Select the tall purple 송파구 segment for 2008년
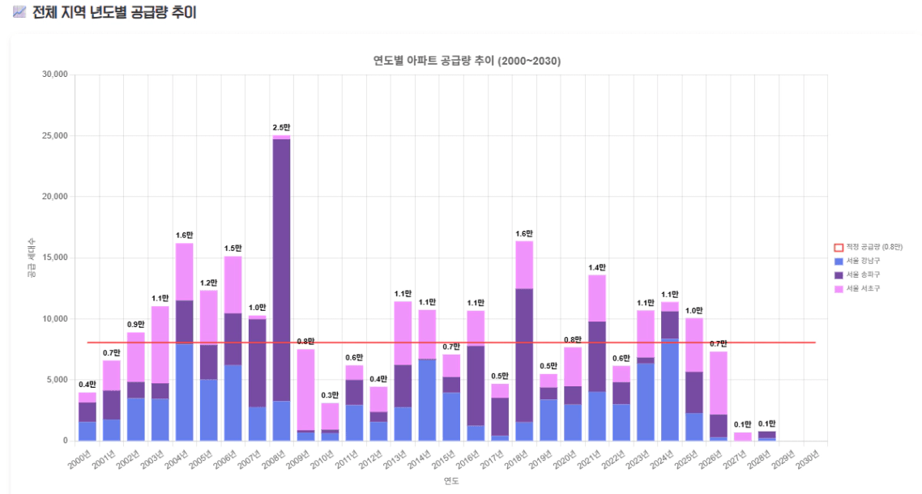click(x=281, y=267)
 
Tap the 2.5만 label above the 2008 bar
click(x=281, y=128)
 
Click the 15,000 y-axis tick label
click(x=54, y=258)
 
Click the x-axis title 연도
click(x=451, y=481)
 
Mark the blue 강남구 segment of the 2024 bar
click(x=670, y=389)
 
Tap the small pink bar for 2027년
click(x=743, y=437)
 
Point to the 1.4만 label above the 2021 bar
click(x=597, y=267)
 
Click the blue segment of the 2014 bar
click(x=427, y=400)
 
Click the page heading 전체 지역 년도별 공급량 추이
click(x=114, y=13)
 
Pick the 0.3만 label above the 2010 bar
click(x=330, y=395)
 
